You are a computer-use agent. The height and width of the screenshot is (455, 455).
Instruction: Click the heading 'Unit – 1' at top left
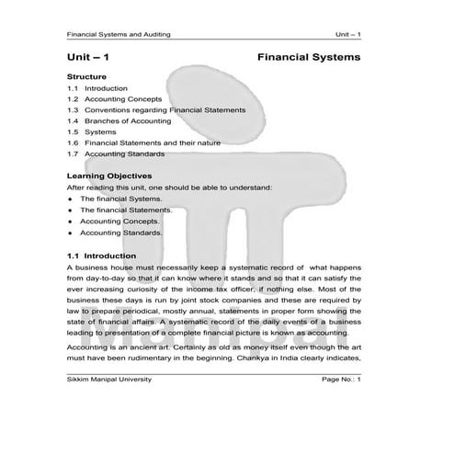pyautogui.click(x=89, y=57)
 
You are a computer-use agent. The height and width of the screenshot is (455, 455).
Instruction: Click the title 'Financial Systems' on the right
pyautogui.click(x=309, y=57)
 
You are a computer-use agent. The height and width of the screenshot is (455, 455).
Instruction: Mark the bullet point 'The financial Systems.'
pyautogui.click(x=120, y=199)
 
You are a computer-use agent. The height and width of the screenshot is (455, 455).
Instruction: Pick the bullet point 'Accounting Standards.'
pyautogui.click(x=121, y=233)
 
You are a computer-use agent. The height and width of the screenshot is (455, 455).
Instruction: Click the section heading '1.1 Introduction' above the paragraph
pyautogui.click(x=102, y=254)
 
